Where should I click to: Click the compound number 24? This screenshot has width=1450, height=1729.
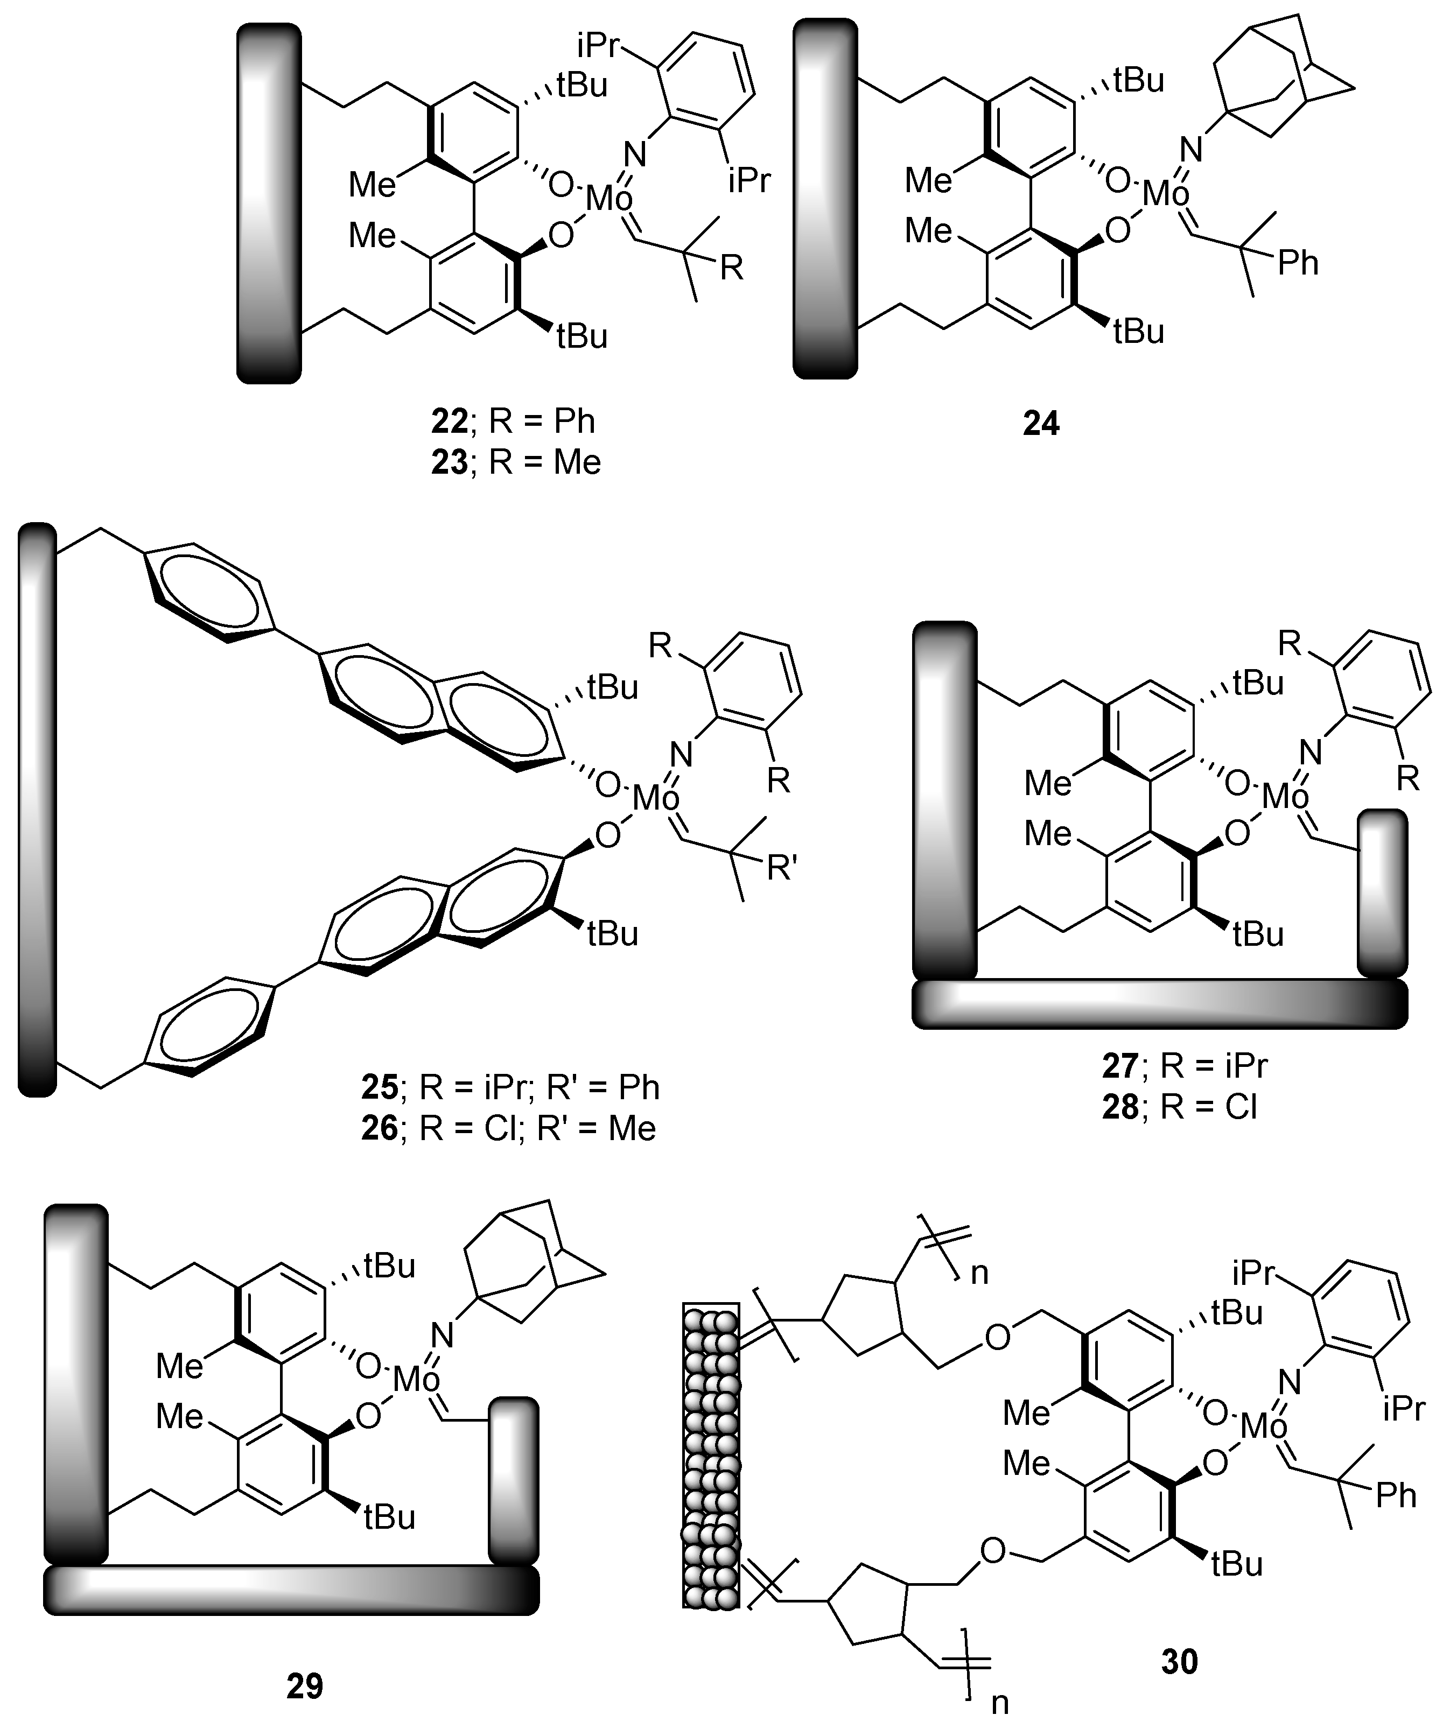(1041, 424)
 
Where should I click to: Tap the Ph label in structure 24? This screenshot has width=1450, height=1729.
(1298, 263)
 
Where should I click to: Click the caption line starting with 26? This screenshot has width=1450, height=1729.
(508, 1128)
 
